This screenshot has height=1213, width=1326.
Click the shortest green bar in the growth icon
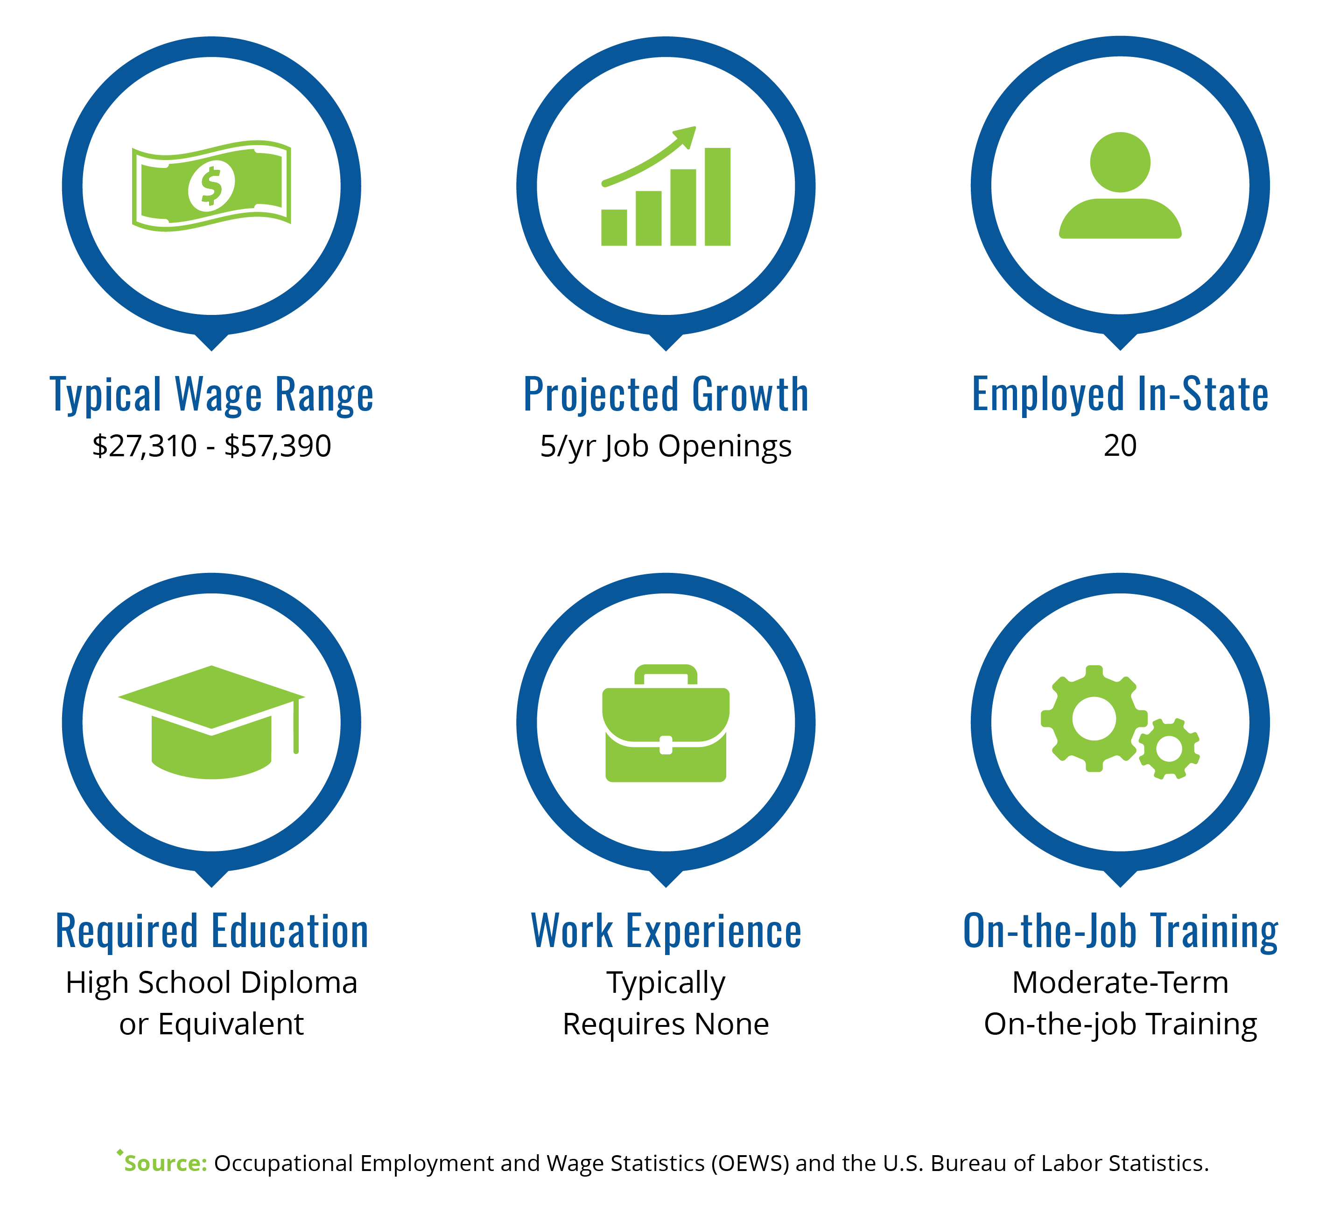pos(614,228)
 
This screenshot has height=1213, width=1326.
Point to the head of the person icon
pos(1120,162)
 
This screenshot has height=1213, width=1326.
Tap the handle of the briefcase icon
pos(666,675)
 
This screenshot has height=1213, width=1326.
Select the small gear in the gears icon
pos(1169,749)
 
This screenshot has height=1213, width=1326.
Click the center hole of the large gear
pos(1094,718)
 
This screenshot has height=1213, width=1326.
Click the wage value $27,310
pos(145,446)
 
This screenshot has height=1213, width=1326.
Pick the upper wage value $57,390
pos(278,446)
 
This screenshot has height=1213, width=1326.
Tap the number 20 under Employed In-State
pos(1120,446)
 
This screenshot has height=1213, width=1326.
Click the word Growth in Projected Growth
pos(751,395)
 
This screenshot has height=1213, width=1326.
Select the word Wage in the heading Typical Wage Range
pos(218,396)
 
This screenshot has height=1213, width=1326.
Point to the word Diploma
pos(299,983)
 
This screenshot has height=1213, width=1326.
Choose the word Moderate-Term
pos(1120,983)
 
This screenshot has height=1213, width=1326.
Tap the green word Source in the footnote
pos(166,1164)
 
